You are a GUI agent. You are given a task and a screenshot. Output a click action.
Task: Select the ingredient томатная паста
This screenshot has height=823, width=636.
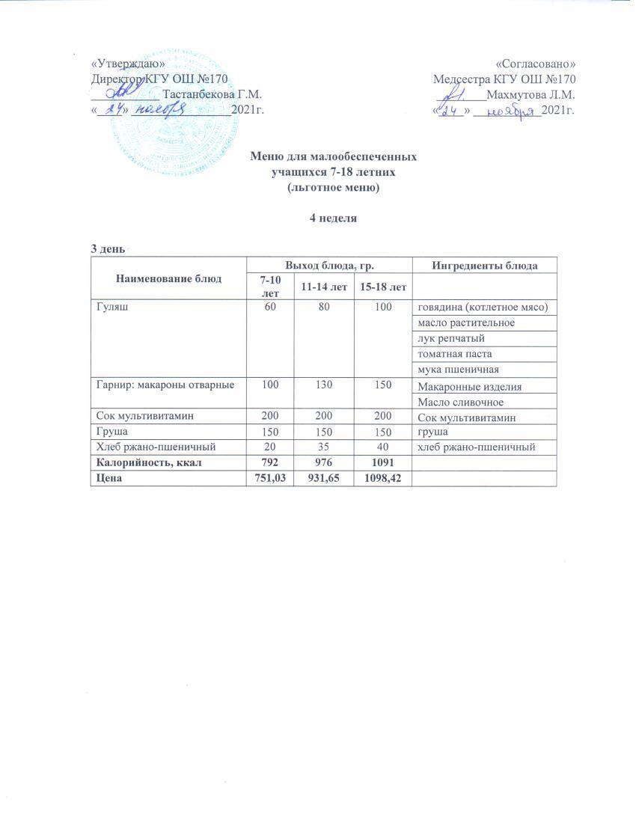pyautogui.click(x=455, y=353)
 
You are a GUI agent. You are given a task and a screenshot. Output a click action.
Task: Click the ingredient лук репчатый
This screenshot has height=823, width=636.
pyautogui.click(x=451, y=338)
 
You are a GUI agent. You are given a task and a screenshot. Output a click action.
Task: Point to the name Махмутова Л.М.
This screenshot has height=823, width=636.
pyautogui.click(x=530, y=95)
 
